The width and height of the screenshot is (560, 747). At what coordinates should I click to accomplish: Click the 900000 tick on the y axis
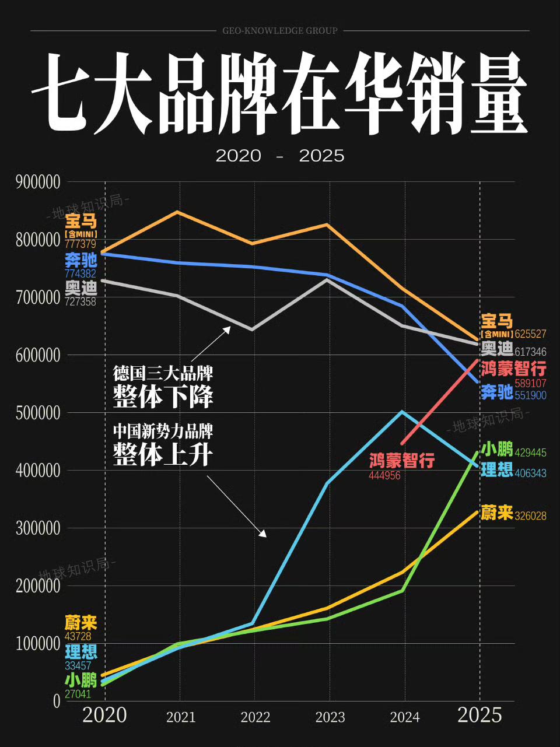(38, 182)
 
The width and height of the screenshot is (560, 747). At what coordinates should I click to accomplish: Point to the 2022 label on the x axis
(256, 717)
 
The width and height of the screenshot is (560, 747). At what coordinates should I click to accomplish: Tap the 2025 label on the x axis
(480, 715)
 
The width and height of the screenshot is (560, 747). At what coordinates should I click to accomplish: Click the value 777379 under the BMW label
(80, 244)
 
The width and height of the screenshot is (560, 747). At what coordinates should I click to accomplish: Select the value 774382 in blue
(80, 273)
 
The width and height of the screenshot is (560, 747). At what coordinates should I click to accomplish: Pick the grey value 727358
(80, 302)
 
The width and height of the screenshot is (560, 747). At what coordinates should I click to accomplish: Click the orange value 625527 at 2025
(530, 334)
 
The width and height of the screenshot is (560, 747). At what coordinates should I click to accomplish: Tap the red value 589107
(530, 384)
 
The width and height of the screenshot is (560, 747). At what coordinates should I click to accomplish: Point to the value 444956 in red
(384, 476)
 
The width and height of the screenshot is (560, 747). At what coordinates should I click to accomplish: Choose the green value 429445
(530, 453)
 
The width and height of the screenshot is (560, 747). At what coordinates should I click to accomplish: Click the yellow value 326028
(530, 516)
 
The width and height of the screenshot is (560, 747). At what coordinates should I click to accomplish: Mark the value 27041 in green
(78, 695)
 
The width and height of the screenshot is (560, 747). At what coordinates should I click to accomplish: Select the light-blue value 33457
(78, 666)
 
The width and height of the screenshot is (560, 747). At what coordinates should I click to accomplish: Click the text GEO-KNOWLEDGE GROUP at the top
(280, 31)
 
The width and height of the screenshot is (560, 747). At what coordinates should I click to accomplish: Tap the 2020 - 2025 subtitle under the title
(280, 156)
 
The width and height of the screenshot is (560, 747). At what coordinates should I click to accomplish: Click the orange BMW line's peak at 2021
(178, 212)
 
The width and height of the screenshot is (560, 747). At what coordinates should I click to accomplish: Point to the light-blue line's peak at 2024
(402, 412)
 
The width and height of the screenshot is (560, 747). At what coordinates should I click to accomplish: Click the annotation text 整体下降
(163, 397)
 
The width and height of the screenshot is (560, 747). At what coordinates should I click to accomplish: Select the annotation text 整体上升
(163, 454)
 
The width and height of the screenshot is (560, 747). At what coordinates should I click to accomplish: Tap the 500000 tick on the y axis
(38, 413)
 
